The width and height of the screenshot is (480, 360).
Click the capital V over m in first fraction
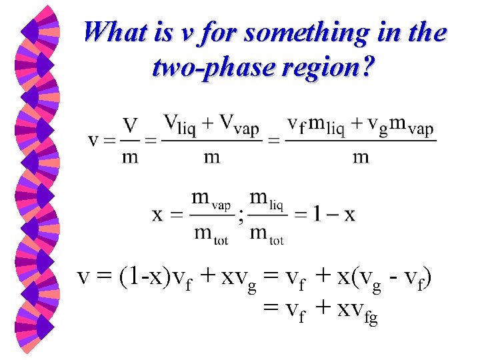(131, 125)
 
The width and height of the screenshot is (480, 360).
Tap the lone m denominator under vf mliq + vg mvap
(361, 157)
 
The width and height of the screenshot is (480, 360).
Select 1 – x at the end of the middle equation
(334, 214)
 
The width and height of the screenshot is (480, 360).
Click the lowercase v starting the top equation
(95, 141)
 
